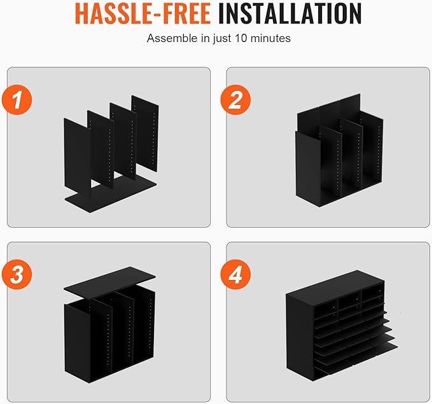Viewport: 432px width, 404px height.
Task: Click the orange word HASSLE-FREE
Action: coord(143,13)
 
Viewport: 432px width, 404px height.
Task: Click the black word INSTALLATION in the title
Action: coord(289,13)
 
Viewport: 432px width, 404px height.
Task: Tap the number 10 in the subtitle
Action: coord(241,38)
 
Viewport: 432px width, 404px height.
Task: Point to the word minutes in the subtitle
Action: coord(270,38)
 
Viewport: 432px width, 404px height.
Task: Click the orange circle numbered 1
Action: coord(17,100)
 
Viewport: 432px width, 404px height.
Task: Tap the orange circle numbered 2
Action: coord(235,100)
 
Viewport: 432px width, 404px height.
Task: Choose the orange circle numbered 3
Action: coord(17,274)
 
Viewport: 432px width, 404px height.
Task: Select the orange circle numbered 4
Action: coord(235,274)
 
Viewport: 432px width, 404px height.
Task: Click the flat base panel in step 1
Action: coord(110,195)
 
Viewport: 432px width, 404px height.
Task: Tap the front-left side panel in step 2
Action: coord(308,168)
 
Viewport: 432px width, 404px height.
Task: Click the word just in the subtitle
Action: coord(222,39)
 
